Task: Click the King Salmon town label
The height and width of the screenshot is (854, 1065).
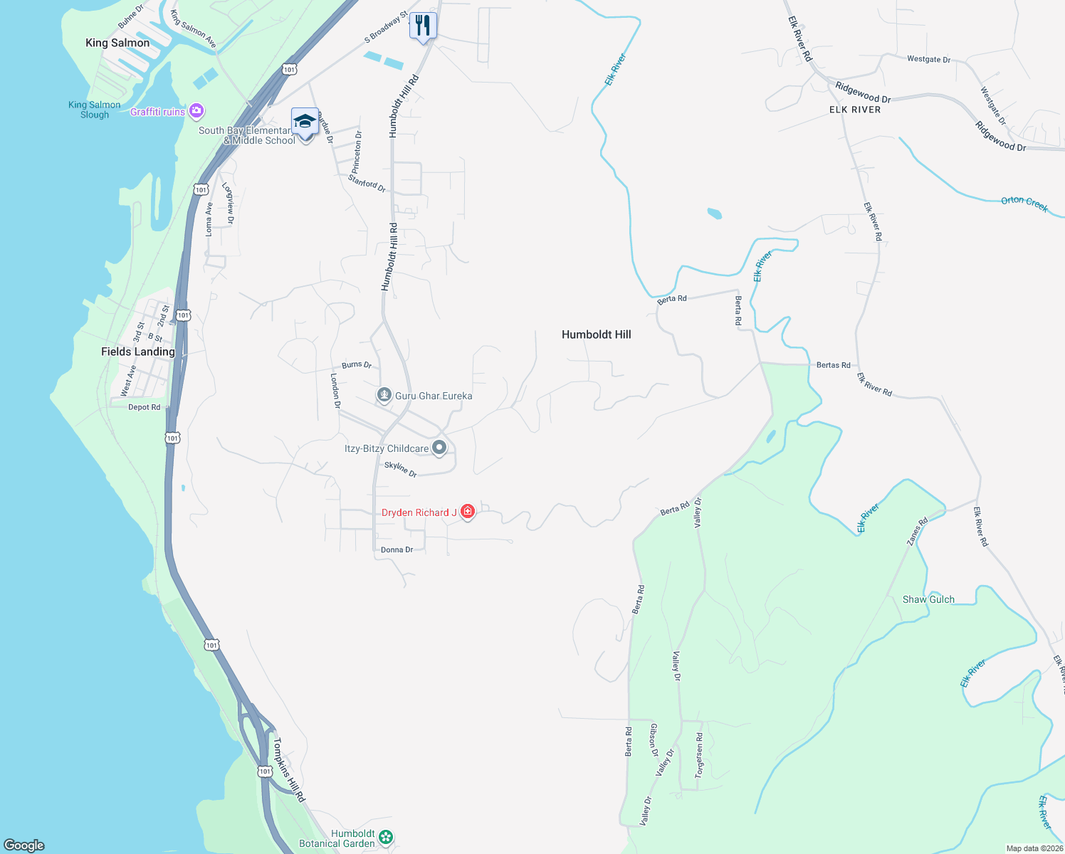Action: point(117,43)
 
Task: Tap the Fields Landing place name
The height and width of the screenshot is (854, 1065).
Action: point(137,352)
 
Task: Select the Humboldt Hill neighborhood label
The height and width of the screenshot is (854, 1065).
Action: point(596,334)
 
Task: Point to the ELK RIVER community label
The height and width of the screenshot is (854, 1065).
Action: point(854,110)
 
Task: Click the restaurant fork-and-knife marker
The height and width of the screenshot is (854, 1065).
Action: point(423,26)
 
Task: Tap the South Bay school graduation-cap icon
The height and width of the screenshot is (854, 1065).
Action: point(305,122)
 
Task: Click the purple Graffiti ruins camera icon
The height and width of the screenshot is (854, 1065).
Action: point(197,111)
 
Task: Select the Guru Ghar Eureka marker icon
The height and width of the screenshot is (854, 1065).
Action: point(384,395)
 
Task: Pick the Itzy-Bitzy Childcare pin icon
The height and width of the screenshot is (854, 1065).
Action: point(439,448)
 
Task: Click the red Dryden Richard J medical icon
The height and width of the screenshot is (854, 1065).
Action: point(468,511)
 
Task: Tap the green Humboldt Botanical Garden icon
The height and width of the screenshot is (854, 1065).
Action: point(386,837)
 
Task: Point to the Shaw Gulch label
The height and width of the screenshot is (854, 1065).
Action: point(928,599)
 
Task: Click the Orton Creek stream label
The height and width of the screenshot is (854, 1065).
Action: point(1024,204)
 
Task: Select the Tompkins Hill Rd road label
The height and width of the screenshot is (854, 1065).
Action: point(288,770)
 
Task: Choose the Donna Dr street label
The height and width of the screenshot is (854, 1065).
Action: point(397,549)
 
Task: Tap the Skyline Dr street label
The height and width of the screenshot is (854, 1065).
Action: point(400,469)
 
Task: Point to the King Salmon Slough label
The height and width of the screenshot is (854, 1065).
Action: point(95,110)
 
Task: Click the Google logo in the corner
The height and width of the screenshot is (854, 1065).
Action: point(24,845)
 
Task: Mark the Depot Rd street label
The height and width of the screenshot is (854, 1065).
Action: point(144,407)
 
